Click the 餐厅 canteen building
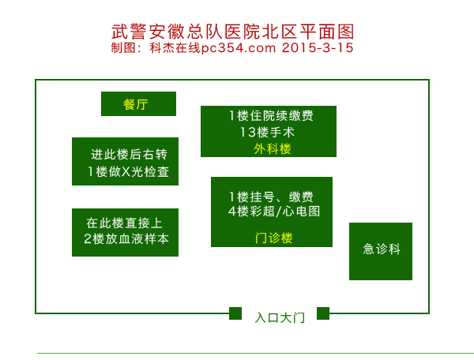(138, 103)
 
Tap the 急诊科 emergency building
(381, 250)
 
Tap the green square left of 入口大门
(235, 313)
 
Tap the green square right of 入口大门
(322, 313)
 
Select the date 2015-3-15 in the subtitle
(318, 47)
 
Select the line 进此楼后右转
(129, 154)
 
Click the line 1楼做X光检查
(128, 171)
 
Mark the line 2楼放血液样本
(126, 239)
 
